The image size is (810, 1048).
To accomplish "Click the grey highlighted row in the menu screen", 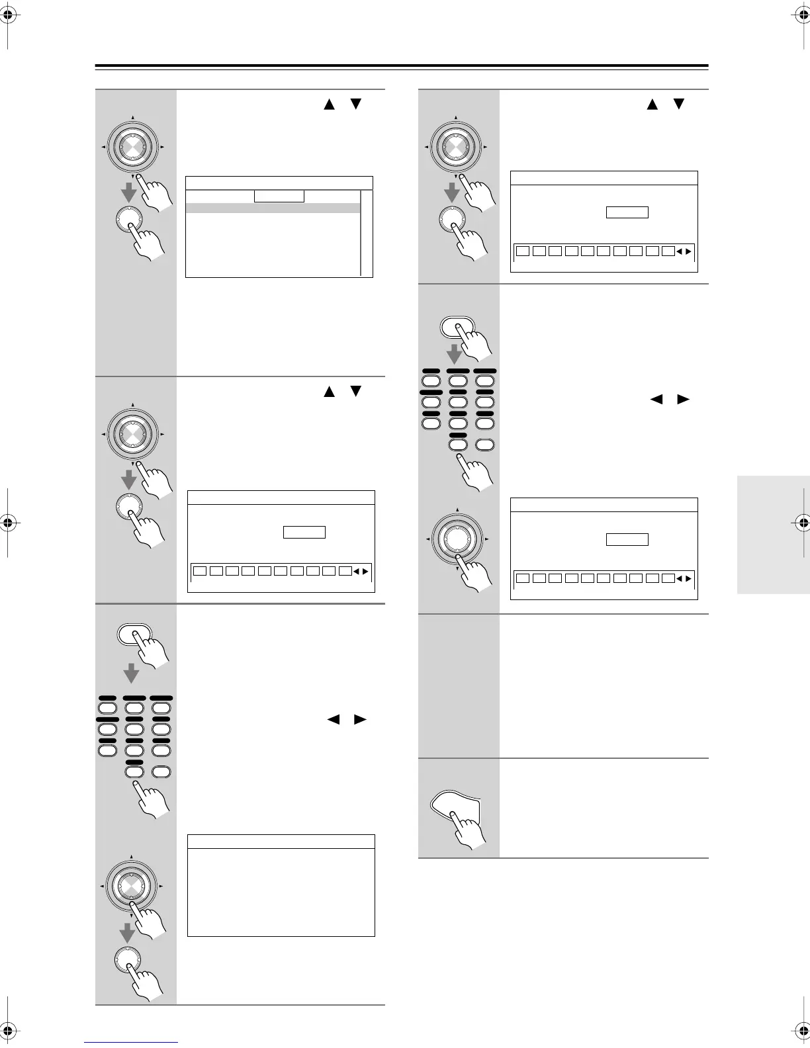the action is click(273, 208).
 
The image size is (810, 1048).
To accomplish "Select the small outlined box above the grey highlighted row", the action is click(279, 196).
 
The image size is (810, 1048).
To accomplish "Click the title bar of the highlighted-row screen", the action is click(279, 183).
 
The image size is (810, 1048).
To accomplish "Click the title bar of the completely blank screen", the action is click(281, 841).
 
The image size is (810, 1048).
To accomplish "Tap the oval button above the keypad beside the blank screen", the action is click(134, 633).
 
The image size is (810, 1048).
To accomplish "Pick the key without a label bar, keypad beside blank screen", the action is click(161, 771).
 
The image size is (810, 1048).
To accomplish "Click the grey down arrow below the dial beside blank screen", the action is click(127, 934).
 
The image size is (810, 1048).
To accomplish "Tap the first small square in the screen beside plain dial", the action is click(523, 579).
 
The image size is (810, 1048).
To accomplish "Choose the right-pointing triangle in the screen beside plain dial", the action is click(688, 579).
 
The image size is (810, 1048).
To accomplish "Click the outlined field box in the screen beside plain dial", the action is click(627, 539).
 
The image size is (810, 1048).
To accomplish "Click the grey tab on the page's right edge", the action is click(773, 535).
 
